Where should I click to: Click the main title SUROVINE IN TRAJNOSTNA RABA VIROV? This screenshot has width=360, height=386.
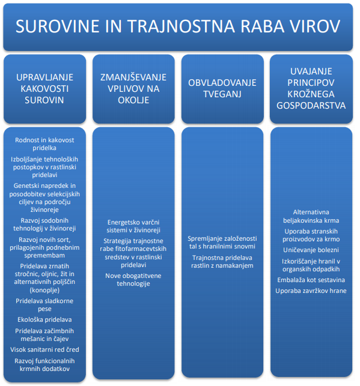click(178, 26)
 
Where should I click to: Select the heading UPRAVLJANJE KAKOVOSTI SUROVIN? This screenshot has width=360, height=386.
click(44, 89)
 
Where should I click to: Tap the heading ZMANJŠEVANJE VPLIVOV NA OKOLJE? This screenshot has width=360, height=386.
click(133, 89)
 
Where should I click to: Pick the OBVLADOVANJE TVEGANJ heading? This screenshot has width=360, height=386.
click(222, 88)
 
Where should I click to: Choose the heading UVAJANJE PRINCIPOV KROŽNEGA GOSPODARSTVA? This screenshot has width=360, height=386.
click(311, 88)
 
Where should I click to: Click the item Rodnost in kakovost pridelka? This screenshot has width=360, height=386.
click(44, 144)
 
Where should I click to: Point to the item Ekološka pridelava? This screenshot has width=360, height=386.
click(44, 319)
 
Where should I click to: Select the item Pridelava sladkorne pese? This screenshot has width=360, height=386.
click(44, 305)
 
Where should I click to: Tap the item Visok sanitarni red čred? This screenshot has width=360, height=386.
click(44, 349)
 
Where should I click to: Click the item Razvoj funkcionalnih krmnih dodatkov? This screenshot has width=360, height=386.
click(44, 365)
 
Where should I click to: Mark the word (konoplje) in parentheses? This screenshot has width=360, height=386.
click(44, 290)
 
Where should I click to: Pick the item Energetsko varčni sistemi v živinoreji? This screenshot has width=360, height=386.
click(133, 226)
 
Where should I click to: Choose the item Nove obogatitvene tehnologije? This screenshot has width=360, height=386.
click(133, 280)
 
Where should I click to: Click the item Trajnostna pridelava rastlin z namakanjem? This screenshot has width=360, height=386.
click(222, 262)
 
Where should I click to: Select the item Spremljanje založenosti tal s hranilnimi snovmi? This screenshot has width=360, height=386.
click(222, 243)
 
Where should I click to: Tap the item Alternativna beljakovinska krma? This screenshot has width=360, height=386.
click(311, 216)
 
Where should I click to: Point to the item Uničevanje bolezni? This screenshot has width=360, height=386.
click(311, 250)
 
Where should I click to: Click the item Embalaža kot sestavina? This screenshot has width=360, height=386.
click(311, 280)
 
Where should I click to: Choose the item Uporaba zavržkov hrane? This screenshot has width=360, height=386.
click(311, 291)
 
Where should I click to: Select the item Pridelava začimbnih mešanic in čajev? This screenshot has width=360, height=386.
click(44, 335)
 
